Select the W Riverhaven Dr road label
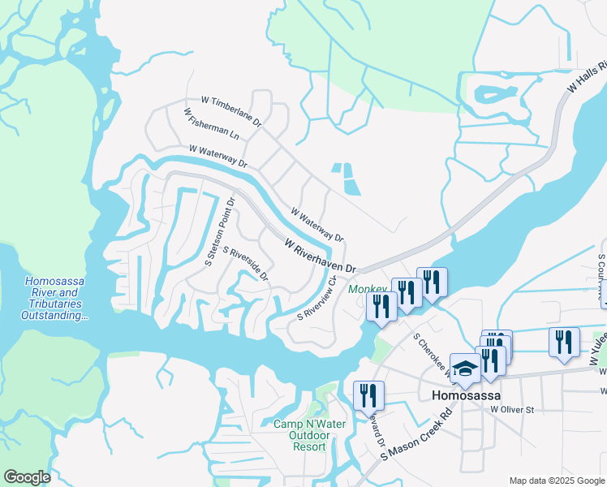point(321,256)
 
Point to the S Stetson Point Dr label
point(220,231)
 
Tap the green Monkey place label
point(367,289)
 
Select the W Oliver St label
point(511,410)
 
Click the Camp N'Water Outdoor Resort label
point(309,435)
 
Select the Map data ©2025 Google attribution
point(556,481)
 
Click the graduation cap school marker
point(465,368)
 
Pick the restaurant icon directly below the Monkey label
point(380,305)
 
